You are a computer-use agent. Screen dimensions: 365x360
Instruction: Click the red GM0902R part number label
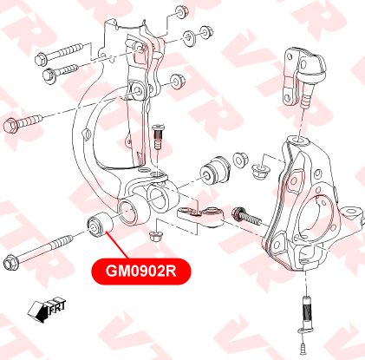click(x=141, y=272)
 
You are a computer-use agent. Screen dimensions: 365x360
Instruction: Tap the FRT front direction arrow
click(x=47, y=311)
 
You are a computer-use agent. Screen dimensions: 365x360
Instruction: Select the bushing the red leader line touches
click(x=100, y=225)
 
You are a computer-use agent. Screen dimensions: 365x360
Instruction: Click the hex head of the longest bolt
click(x=11, y=263)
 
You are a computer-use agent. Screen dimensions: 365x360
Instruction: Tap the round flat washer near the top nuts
click(x=190, y=37)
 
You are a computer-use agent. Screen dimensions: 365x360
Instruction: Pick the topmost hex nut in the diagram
click(x=182, y=11)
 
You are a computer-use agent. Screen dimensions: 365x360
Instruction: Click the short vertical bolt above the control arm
click(x=157, y=136)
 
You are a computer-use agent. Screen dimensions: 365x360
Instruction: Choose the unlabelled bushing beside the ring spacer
click(x=215, y=170)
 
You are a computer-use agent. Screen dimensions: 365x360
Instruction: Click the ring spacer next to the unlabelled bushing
click(x=240, y=160)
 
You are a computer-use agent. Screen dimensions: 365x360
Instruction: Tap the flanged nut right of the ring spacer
click(x=259, y=170)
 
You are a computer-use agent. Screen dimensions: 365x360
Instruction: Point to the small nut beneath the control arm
click(x=155, y=236)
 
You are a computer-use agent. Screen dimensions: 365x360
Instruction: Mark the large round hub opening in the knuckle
click(x=311, y=219)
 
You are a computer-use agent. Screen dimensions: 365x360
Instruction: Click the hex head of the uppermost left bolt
click(x=42, y=59)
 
